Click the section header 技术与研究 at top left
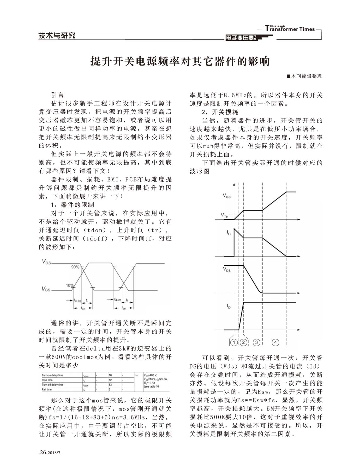[57, 35]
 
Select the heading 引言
[57, 95]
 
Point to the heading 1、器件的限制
[73, 205]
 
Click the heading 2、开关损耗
[220, 112]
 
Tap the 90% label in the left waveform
[75, 267]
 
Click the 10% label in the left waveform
[70, 285]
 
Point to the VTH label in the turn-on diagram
[224, 215]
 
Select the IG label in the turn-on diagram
[229, 232]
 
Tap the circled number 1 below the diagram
[234, 342]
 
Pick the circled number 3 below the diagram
[256, 342]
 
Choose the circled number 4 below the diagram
[275, 342]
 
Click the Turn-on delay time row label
[52, 375]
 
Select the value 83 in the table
[110, 385]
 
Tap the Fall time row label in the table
[47, 389]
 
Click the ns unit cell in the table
[136, 375]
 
